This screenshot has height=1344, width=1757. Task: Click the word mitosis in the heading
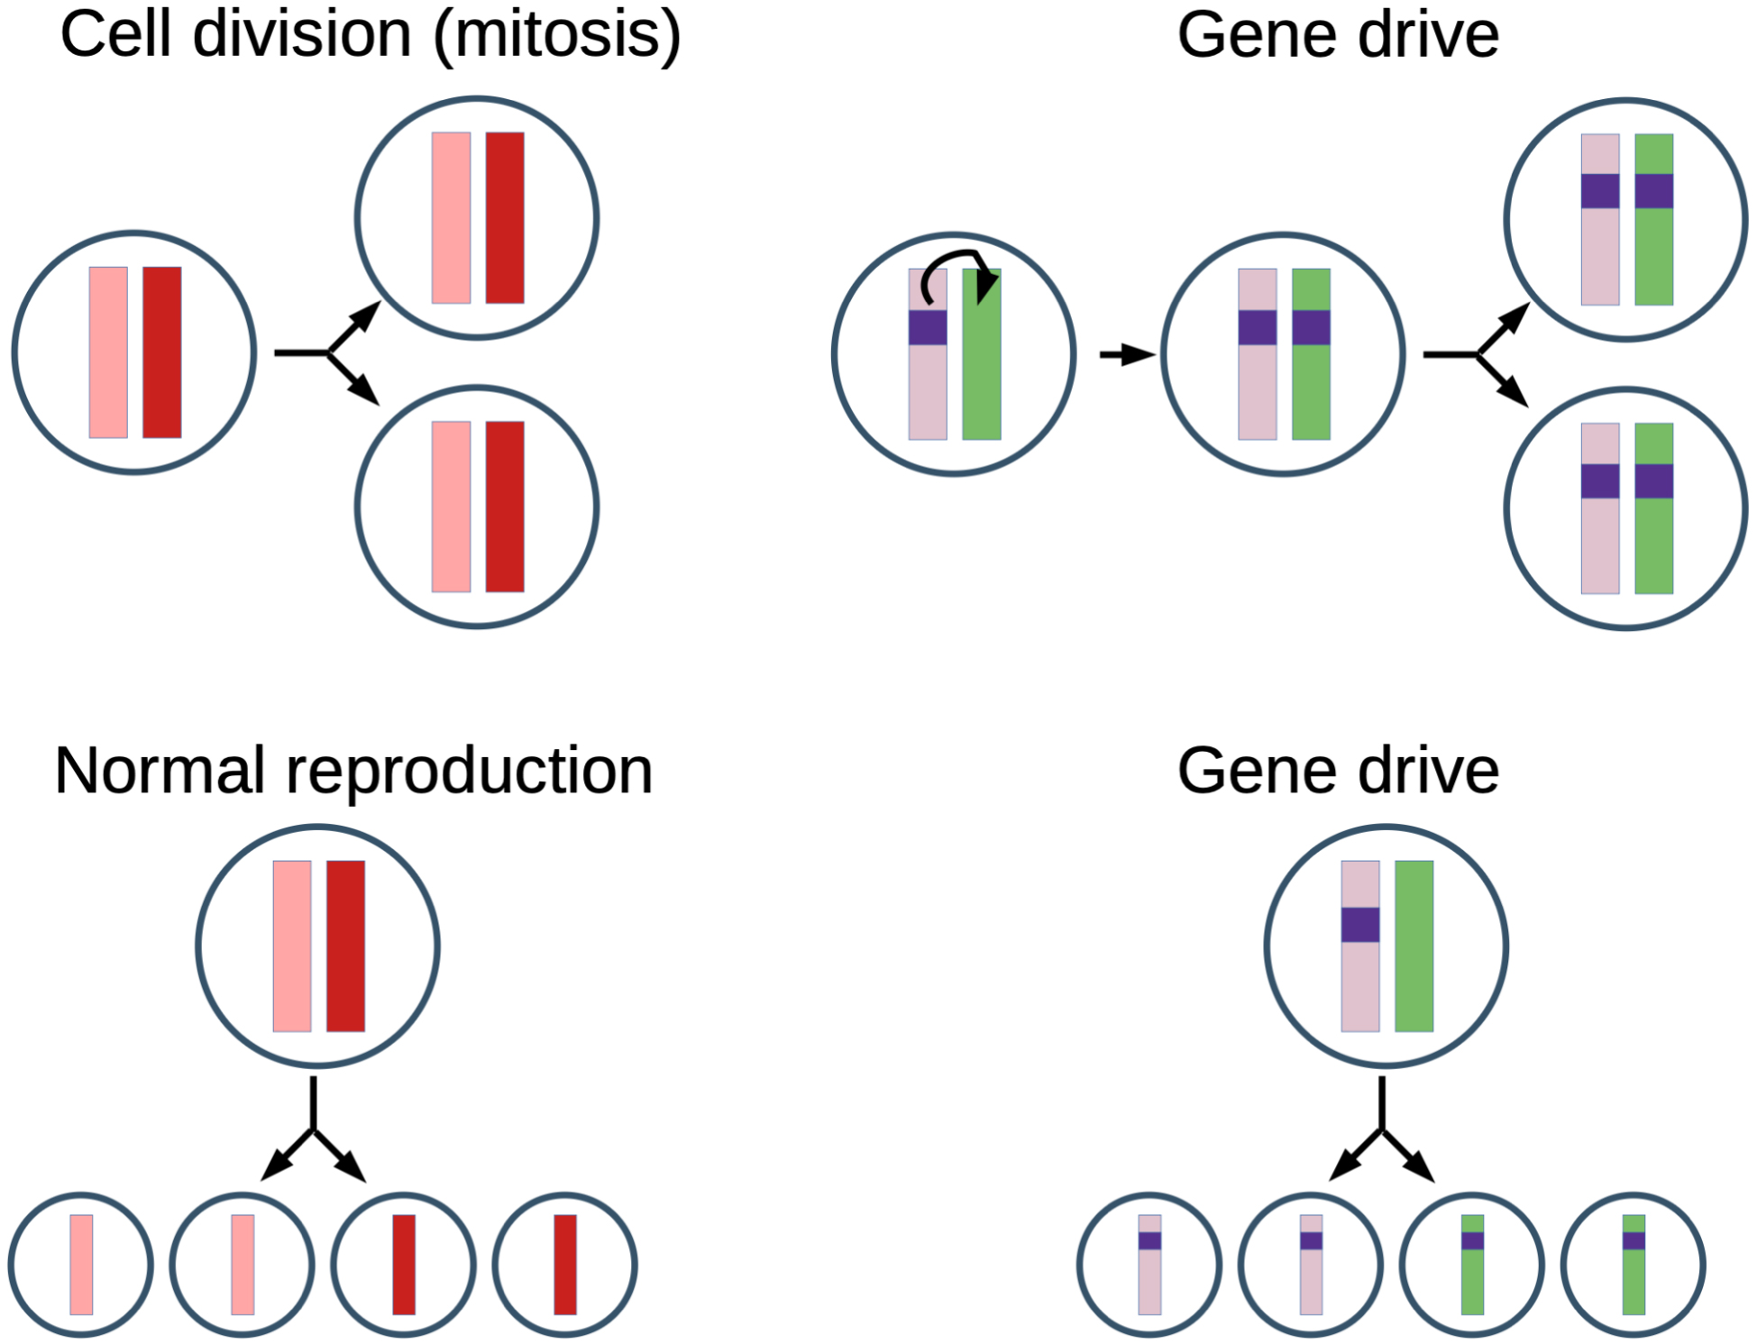click(557, 36)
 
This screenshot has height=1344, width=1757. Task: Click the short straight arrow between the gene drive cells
click(1127, 355)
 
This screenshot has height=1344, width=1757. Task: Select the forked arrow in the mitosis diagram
click(329, 352)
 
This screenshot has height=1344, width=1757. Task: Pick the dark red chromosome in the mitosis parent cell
click(162, 352)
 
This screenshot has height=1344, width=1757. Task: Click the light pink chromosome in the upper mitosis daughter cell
click(451, 218)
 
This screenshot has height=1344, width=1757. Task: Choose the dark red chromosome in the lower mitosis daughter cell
click(505, 507)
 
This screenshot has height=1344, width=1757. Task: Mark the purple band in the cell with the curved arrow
click(928, 327)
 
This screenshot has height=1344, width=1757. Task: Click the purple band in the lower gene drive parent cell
click(1360, 925)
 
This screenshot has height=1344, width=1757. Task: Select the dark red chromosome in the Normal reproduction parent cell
click(346, 946)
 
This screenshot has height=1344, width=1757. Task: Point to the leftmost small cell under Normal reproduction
click(81, 1265)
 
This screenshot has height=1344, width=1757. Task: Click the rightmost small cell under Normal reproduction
click(565, 1265)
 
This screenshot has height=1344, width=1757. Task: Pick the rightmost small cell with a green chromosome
click(1633, 1265)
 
